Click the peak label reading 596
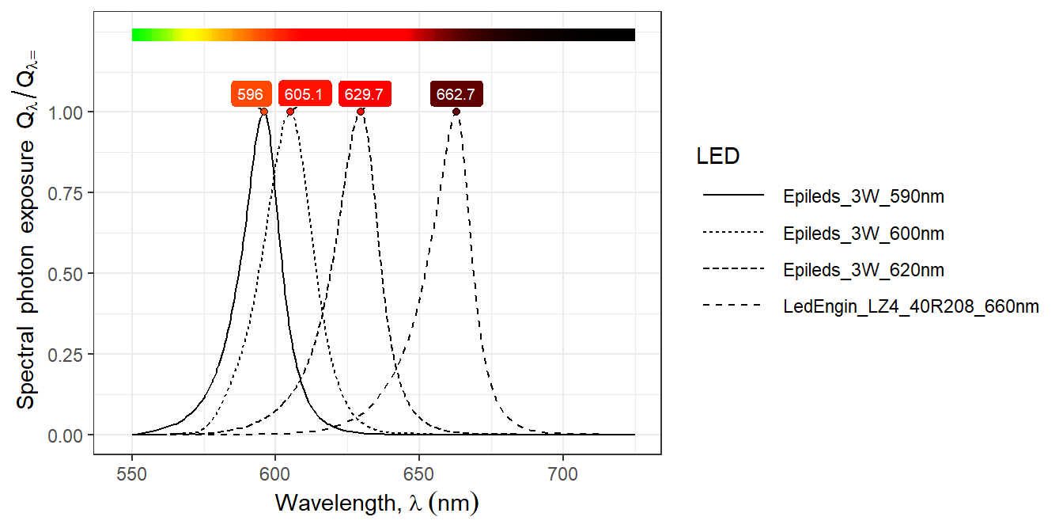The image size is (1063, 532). (251, 94)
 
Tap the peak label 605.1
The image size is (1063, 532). (304, 94)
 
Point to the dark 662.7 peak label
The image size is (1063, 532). (456, 94)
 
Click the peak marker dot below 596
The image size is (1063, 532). (264, 112)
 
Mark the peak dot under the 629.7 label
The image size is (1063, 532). (361, 112)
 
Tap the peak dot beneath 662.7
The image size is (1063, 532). (456, 112)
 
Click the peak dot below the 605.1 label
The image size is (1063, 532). (290, 112)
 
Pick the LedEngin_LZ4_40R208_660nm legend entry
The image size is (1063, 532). (910, 307)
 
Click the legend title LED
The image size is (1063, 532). (717, 157)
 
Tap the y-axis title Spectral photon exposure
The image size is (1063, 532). (27, 237)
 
